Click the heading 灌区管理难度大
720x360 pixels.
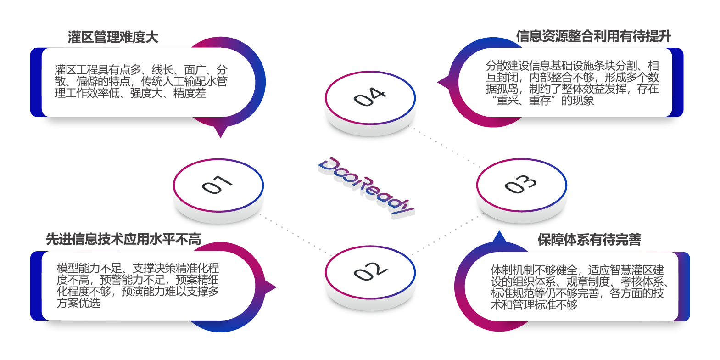(113, 37)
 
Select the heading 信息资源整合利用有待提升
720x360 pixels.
(593, 36)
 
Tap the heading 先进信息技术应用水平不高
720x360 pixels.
(123, 239)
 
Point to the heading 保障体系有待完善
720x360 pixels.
(589, 239)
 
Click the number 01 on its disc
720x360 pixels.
(217, 185)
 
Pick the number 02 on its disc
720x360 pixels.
(370, 271)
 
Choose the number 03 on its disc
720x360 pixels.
(520, 184)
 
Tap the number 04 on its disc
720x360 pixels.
(370, 97)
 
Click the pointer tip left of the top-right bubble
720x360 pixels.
(439, 83)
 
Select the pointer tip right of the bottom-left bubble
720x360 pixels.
(275, 288)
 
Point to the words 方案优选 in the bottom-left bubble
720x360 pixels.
(78, 303)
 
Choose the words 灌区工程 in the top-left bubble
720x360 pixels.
(76, 70)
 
